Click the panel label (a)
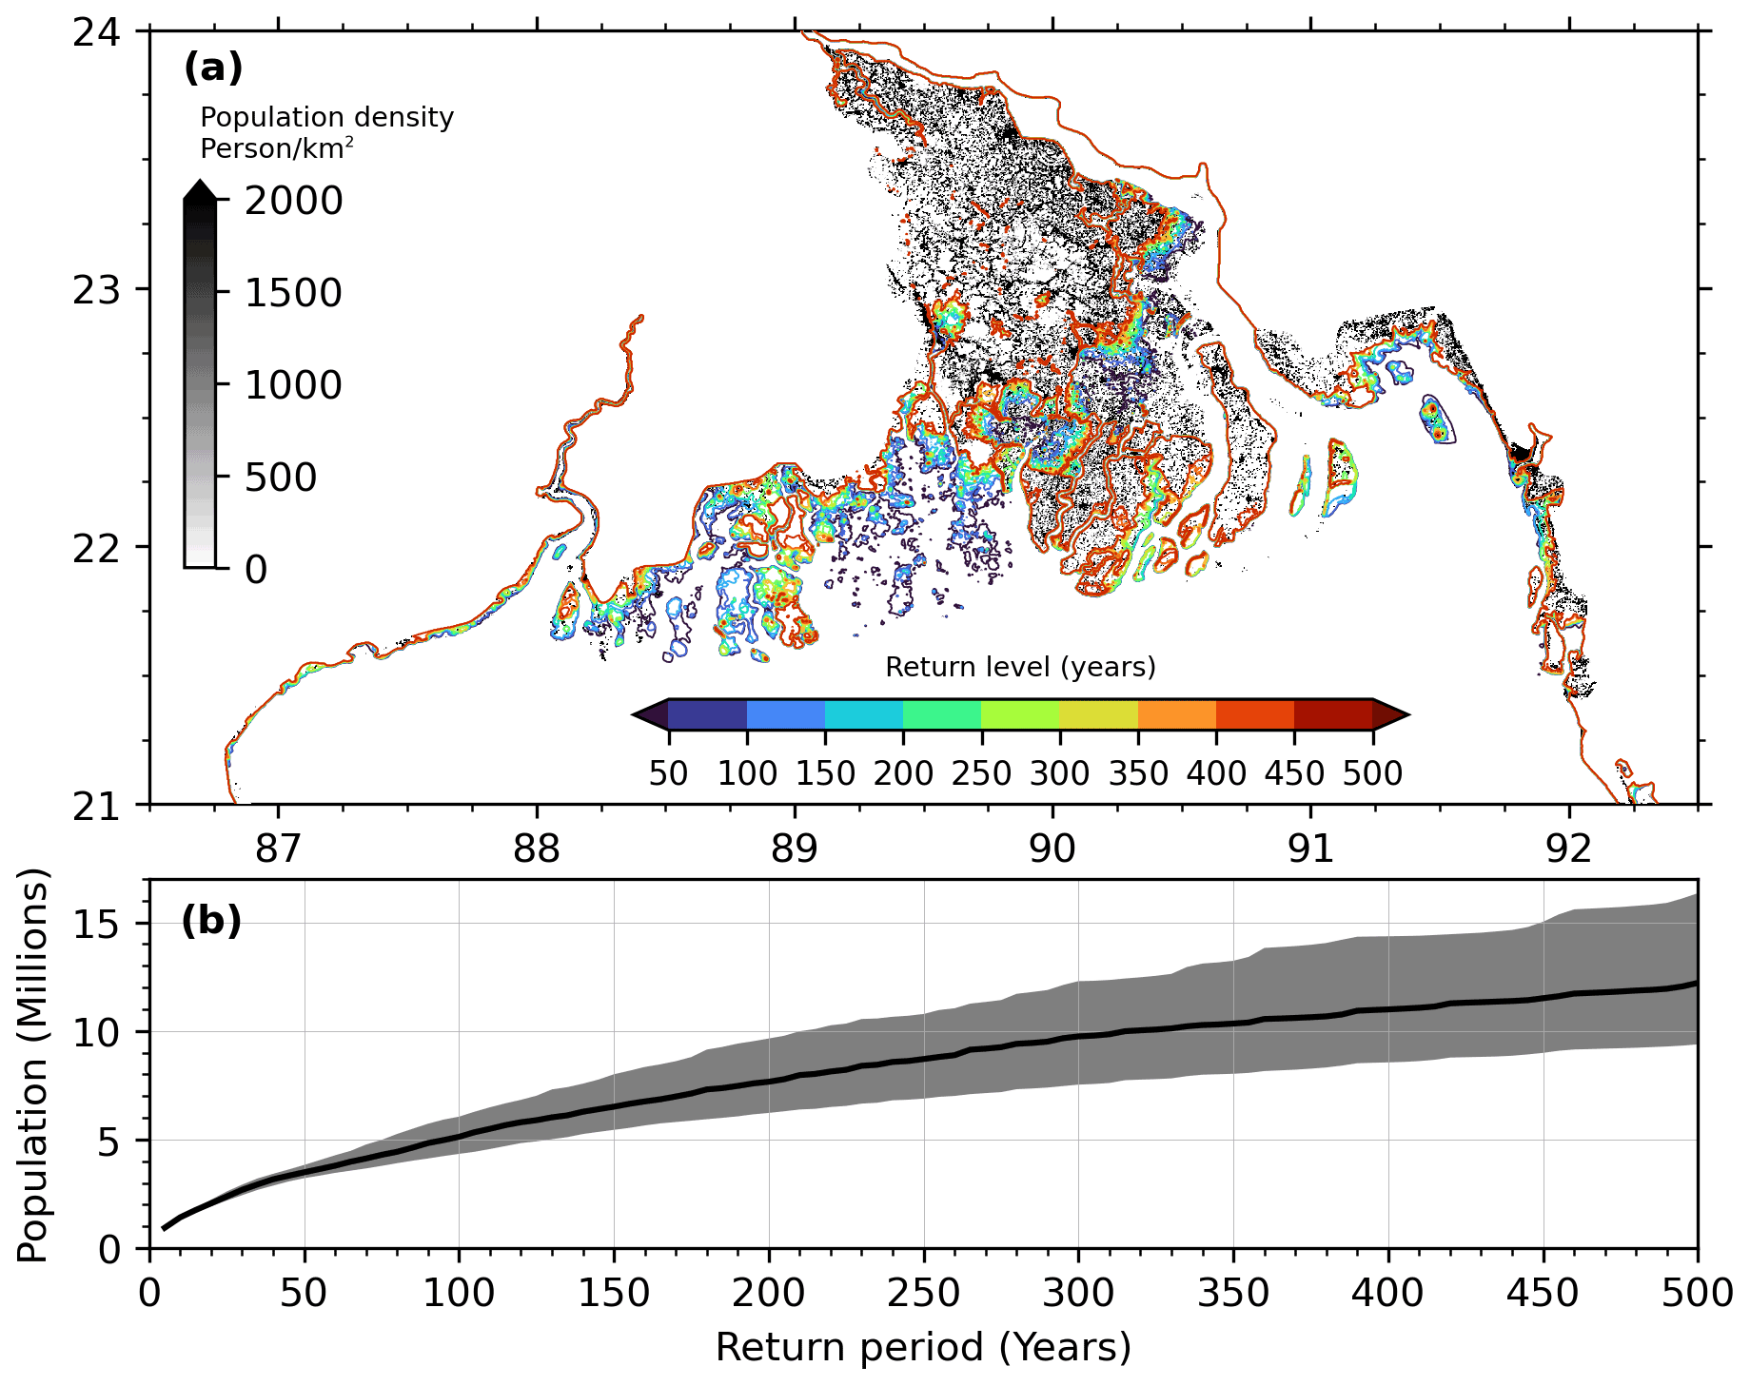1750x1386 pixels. [213, 68]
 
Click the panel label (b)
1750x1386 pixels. [211, 921]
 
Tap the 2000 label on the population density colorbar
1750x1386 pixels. [293, 201]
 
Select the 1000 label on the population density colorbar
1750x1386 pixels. [293, 385]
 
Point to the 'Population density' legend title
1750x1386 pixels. [326, 117]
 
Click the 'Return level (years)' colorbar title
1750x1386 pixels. [1020, 667]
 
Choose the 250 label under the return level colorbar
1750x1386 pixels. [981, 773]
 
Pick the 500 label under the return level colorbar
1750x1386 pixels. [1372, 773]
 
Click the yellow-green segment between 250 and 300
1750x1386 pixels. [1020, 714]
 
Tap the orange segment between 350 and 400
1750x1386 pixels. [1177, 714]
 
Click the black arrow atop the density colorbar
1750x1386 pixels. [200, 190]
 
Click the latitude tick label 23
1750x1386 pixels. [97, 290]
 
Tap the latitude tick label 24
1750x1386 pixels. [97, 32]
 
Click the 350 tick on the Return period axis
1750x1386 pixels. [1233, 1294]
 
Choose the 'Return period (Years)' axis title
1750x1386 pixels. [923, 1348]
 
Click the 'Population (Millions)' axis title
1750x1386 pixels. [32, 1064]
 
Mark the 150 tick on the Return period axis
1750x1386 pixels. [614, 1294]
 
